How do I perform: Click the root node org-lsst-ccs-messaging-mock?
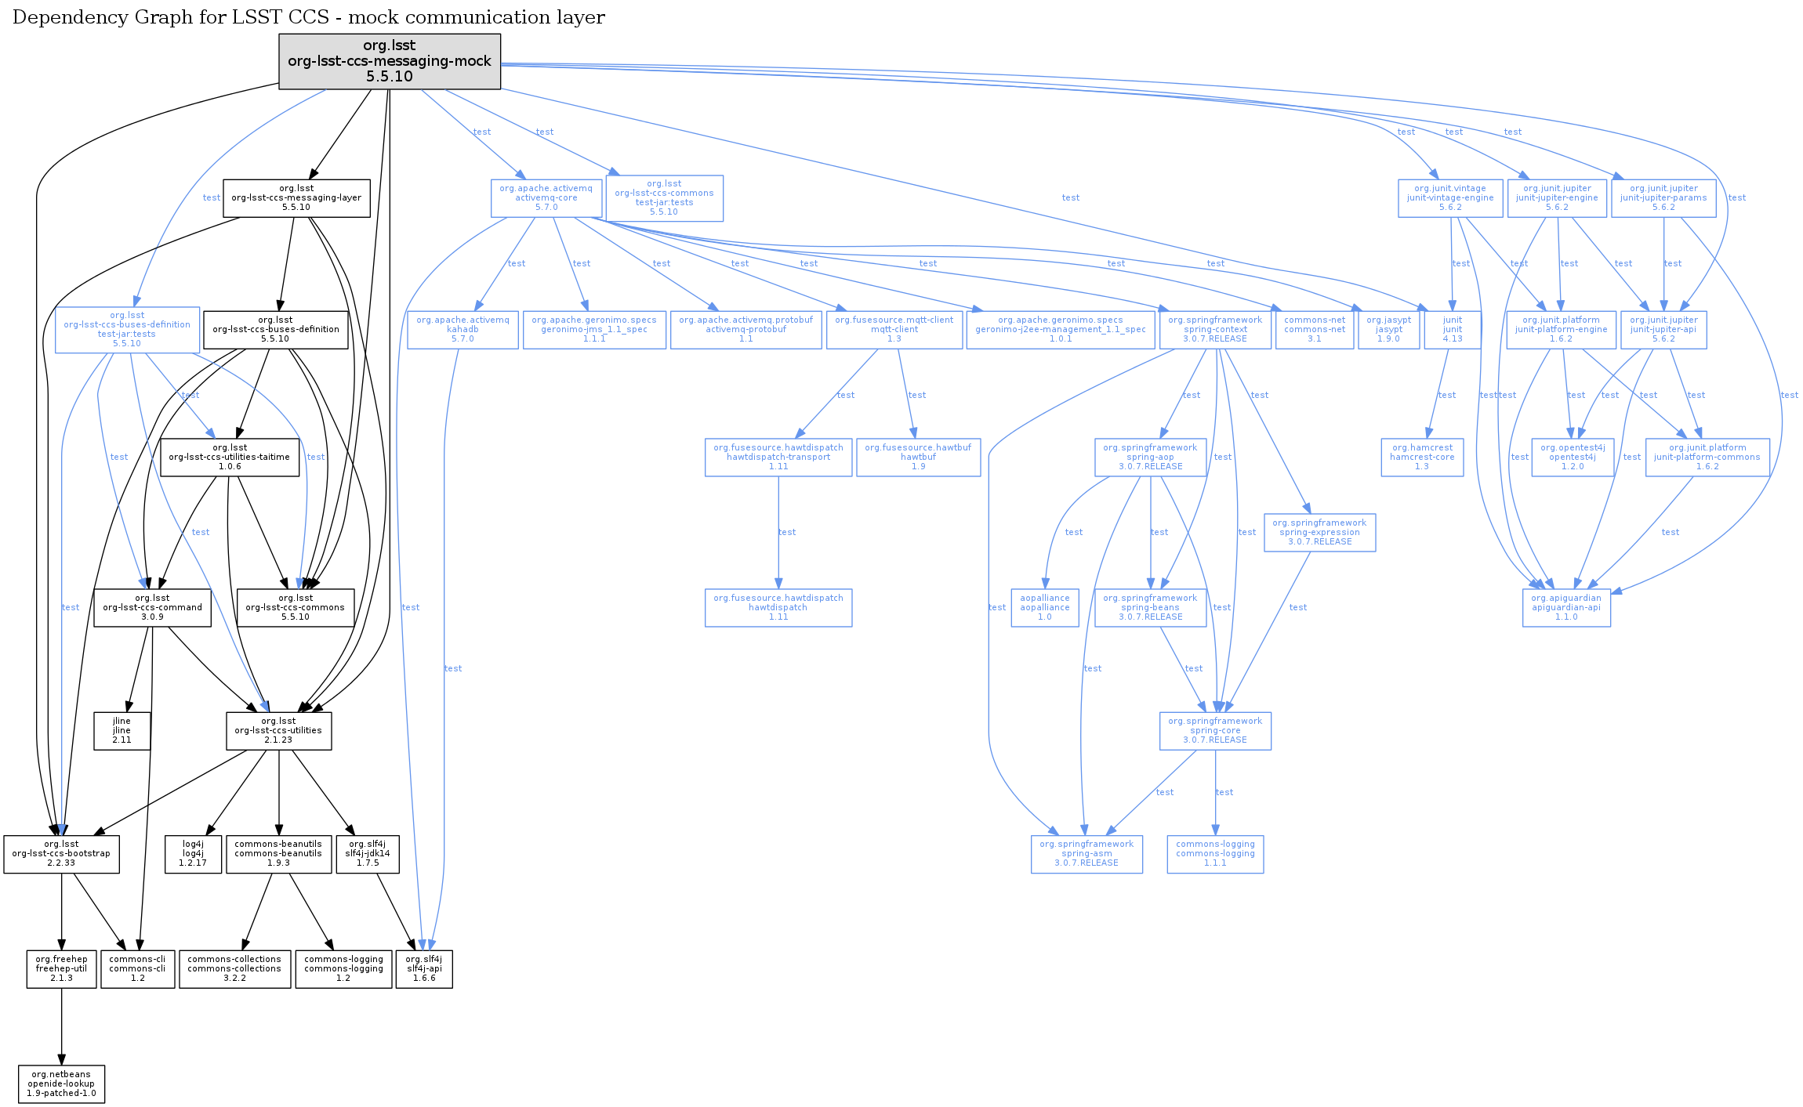390,61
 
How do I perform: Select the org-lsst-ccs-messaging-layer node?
296,198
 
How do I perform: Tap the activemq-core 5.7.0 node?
546,198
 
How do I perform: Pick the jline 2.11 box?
122,731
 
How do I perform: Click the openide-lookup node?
61,1084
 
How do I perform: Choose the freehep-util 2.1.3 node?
61,969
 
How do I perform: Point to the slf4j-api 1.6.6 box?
424,969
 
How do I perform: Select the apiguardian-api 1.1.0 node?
1566,608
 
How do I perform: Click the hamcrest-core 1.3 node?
1422,458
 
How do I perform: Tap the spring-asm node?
1087,854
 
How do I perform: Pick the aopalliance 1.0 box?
1045,608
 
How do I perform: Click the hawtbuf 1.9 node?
918,458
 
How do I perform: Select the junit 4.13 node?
1453,330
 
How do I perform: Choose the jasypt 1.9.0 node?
1388,330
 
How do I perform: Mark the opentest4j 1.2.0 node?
1573,458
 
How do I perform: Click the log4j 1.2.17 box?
193,854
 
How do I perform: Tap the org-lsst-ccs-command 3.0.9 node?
152,608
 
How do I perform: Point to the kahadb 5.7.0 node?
463,330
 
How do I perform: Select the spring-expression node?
1319,533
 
